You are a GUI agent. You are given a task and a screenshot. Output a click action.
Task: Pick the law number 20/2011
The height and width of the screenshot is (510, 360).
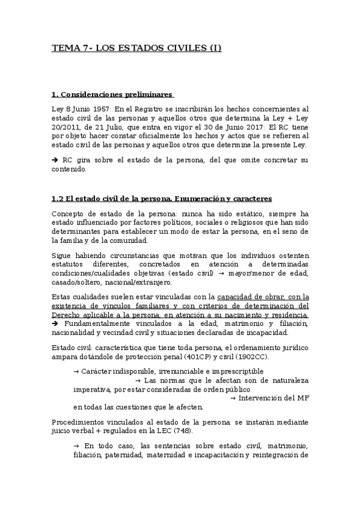pos(67,127)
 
